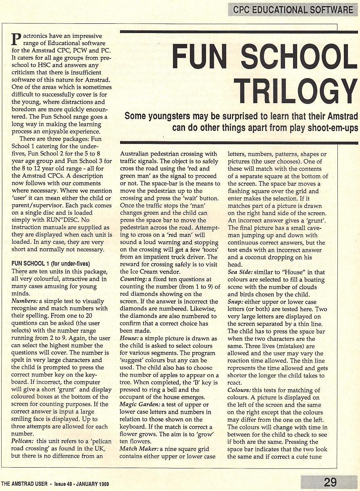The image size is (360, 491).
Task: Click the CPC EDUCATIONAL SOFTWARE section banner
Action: coord(293,10)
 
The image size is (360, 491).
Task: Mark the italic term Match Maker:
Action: coord(139,448)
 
